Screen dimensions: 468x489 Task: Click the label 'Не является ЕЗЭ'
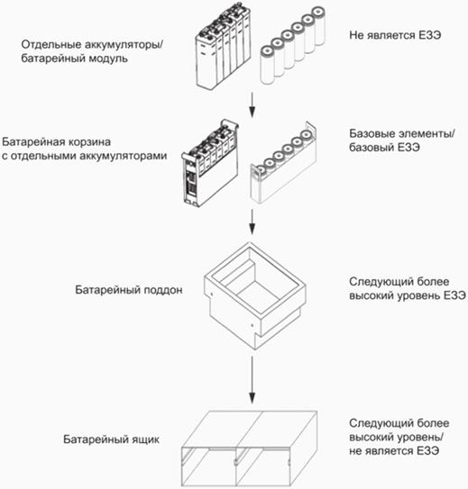point(395,35)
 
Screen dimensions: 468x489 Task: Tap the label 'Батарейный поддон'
point(129,290)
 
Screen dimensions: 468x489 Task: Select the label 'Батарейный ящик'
point(112,439)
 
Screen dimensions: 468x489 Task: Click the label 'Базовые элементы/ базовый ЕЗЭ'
point(402,140)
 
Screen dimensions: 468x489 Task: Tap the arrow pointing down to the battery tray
point(252,222)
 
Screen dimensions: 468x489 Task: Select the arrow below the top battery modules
point(252,105)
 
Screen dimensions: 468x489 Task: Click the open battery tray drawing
point(254,296)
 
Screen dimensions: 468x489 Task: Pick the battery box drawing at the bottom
point(249,449)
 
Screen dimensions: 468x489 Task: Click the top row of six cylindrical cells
point(292,46)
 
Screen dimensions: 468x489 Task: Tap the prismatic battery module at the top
point(224,47)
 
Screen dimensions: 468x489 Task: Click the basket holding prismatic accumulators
point(210,164)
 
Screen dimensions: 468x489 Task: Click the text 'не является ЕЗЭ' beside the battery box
point(394,450)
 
